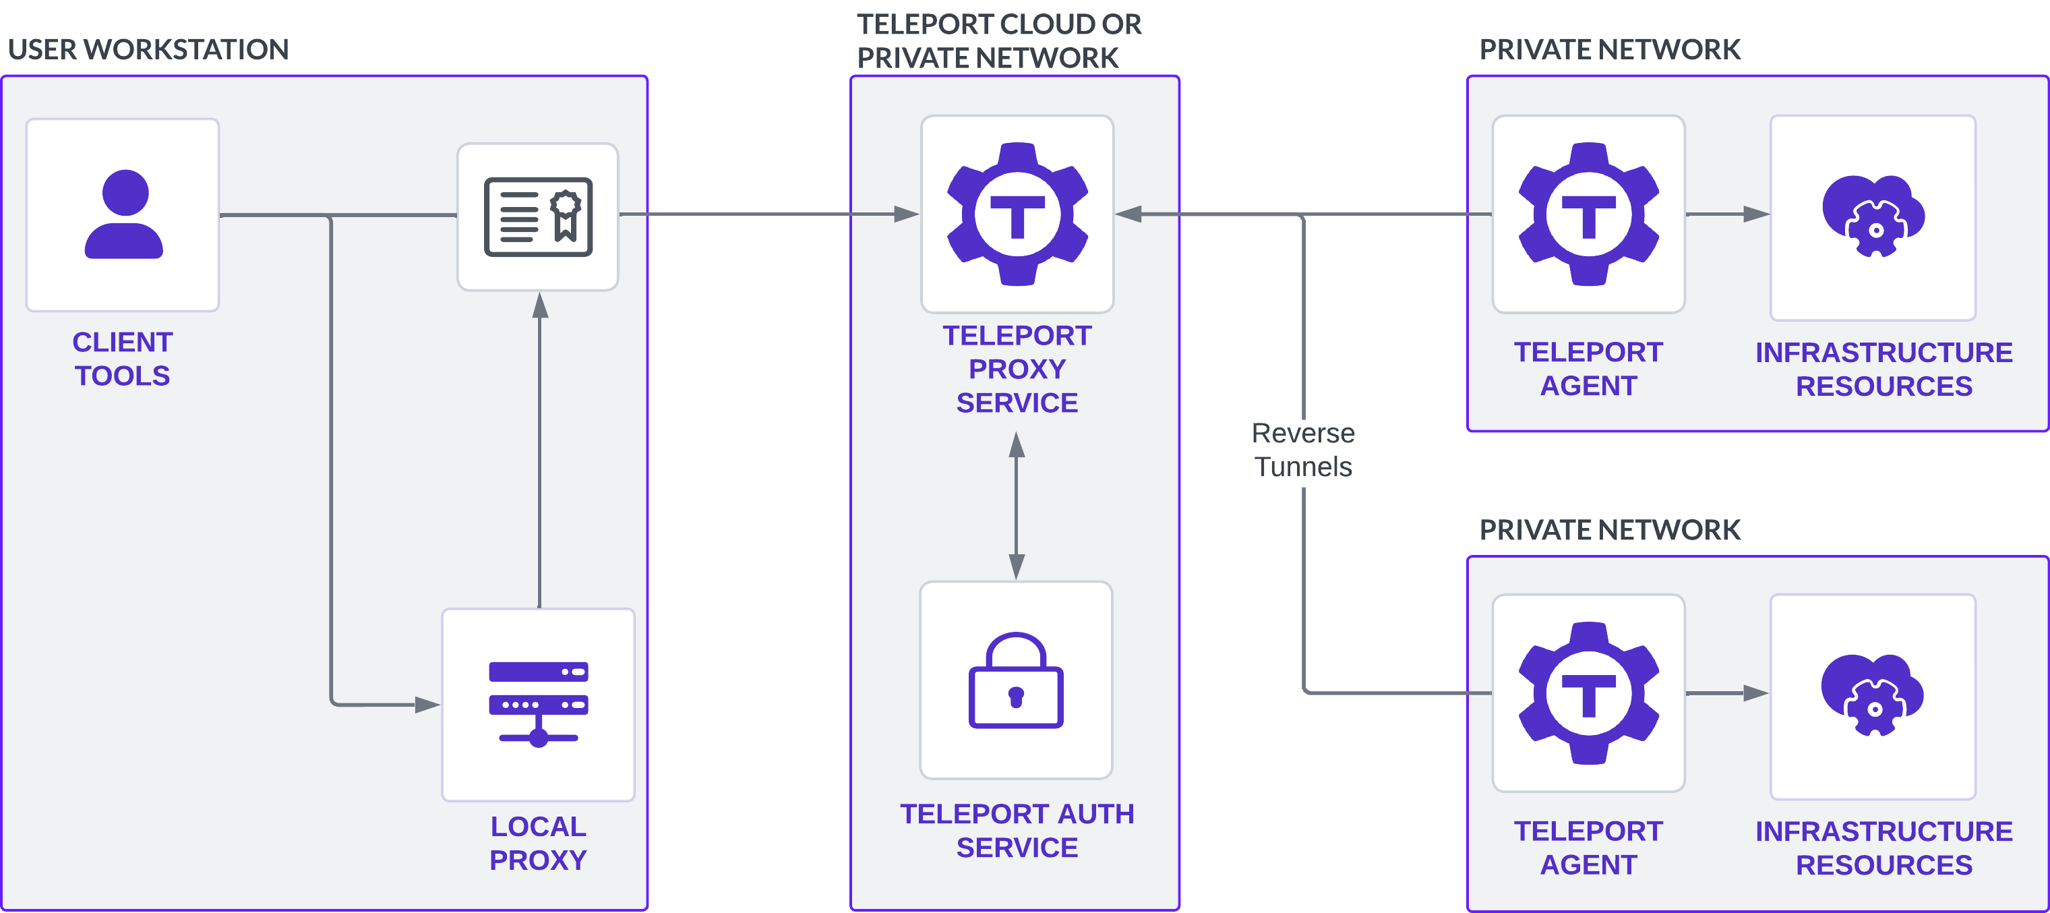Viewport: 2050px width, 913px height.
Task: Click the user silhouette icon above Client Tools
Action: pyautogui.click(x=123, y=214)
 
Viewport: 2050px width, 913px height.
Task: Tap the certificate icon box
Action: pyautogui.click(x=538, y=216)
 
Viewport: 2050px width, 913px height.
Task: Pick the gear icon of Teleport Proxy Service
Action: pyautogui.click(x=1017, y=214)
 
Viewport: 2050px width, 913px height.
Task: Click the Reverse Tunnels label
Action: pyautogui.click(x=1302, y=450)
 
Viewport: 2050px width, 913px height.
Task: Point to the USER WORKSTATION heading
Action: pyautogui.click(x=148, y=49)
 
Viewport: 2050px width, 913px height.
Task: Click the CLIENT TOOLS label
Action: pyautogui.click(x=123, y=358)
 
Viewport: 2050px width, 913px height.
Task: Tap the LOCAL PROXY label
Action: pyautogui.click(x=538, y=843)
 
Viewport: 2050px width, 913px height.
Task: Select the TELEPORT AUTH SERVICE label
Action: pyautogui.click(x=1017, y=830)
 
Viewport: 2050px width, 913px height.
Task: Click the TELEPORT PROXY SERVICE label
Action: pyautogui.click(x=1017, y=369)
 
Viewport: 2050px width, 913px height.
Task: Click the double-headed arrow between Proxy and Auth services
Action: pyautogui.click(x=1017, y=506)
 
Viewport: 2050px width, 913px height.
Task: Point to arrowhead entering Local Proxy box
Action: pyautogui.click(x=427, y=705)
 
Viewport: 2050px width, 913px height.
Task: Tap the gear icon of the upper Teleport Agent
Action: pyautogui.click(x=1588, y=214)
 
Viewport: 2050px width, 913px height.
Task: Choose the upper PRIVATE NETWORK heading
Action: pyautogui.click(x=1609, y=49)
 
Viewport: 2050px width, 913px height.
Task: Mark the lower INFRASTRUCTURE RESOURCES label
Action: pyautogui.click(x=1883, y=848)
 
